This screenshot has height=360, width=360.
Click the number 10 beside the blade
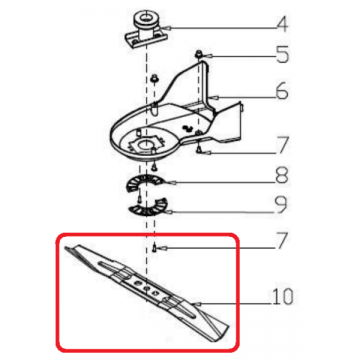[282, 297]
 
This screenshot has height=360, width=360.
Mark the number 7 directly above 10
[281, 241]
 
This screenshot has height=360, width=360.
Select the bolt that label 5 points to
[200, 53]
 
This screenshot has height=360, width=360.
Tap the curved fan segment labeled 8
[146, 182]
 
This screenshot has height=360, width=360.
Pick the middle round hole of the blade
[147, 287]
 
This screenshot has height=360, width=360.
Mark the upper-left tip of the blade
[66, 248]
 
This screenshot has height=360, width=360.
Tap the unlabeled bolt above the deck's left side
[154, 79]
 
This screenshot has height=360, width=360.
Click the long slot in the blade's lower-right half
[183, 307]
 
